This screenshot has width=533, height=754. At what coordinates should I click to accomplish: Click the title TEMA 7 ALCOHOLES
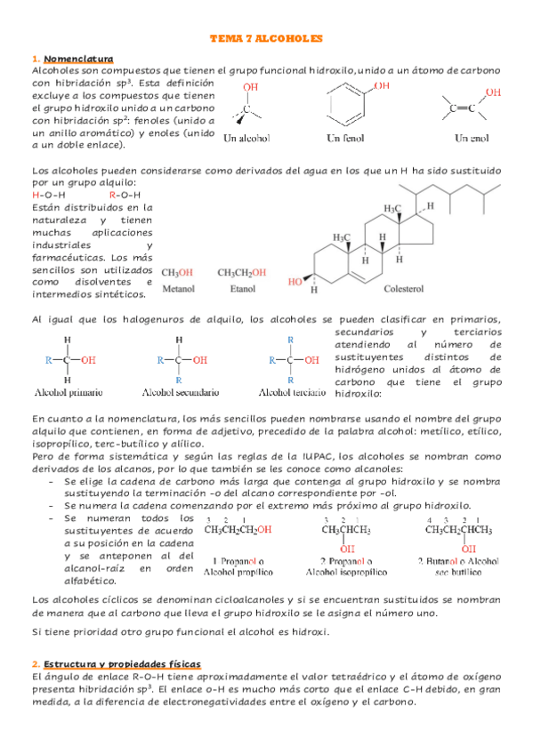pyautogui.click(x=266, y=40)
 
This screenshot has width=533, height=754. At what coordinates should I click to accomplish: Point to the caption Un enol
pyautogui.click(x=472, y=138)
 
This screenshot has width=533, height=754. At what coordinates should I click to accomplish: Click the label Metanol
pyautogui.click(x=179, y=289)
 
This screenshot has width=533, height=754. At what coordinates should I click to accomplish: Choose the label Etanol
pyautogui.click(x=242, y=289)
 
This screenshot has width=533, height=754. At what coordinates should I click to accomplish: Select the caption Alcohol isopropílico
pyautogui.click(x=356, y=573)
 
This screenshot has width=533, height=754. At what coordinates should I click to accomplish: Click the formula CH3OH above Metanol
pyautogui.click(x=178, y=273)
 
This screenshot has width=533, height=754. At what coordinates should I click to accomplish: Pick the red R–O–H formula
pyautogui.click(x=125, y=194)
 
